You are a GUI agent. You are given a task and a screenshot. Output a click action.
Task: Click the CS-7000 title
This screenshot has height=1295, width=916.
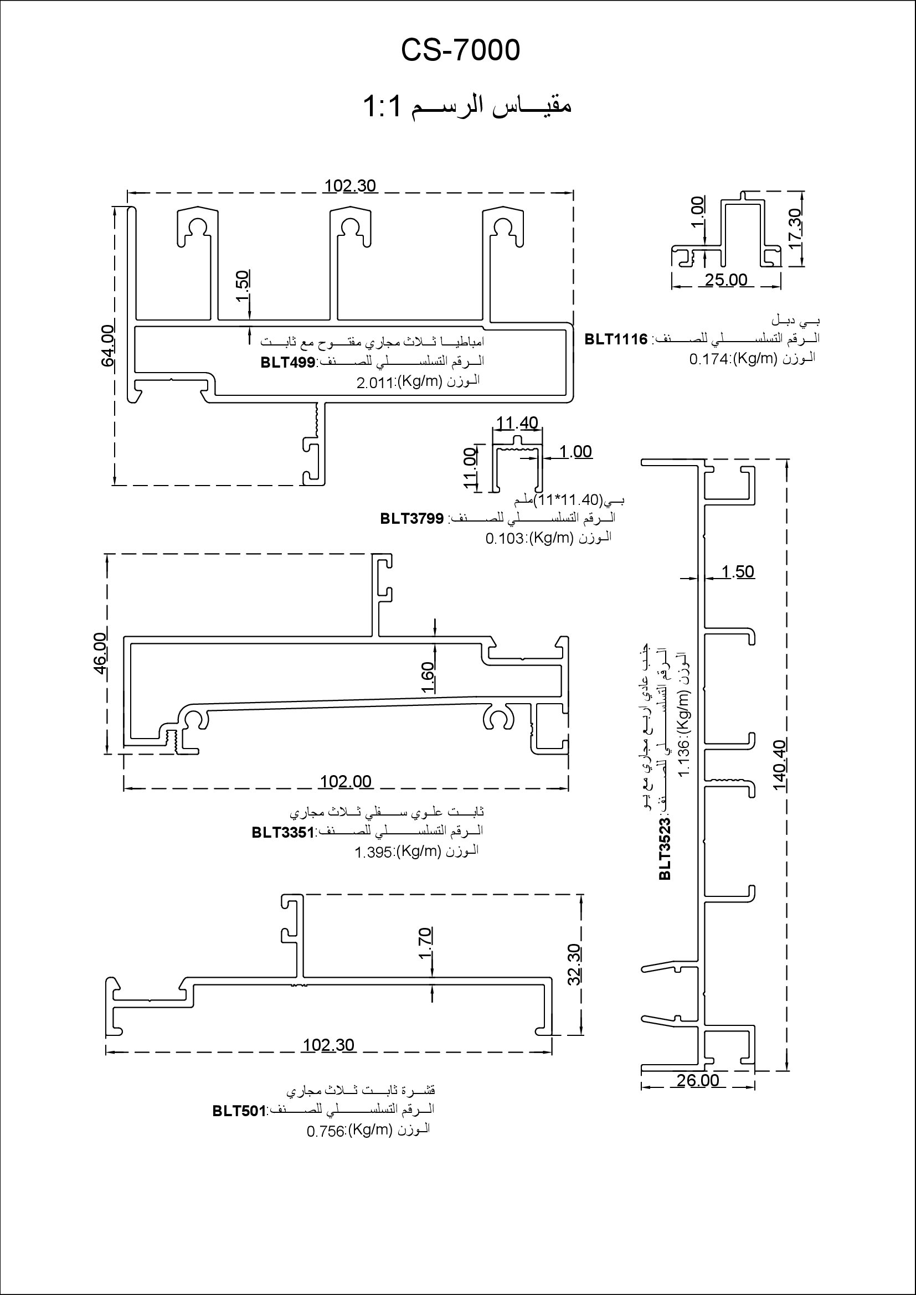(460, 50)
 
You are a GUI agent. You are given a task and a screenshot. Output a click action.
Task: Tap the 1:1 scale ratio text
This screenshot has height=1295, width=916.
(382, 106)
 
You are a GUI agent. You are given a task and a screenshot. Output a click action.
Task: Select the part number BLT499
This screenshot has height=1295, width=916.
(287, 362)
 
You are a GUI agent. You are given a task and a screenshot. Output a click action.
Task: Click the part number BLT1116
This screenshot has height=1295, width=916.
(616, 339)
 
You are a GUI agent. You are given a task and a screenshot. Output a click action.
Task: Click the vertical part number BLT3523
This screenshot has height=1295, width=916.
(666, 849)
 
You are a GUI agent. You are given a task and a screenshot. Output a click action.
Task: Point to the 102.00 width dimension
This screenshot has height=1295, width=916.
(346, 781)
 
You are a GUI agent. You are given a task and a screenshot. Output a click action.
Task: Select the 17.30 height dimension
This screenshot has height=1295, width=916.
(795, 229)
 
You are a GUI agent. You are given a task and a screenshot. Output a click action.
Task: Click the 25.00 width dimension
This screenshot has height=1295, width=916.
(726, 279)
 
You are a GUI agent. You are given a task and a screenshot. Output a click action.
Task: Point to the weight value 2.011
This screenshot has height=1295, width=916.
(374, 384)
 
